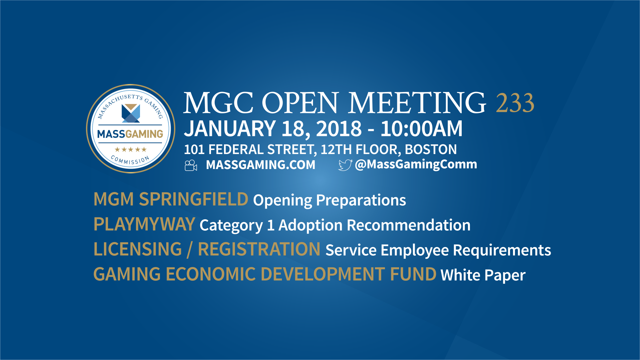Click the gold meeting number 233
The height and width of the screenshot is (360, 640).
coord(515,103)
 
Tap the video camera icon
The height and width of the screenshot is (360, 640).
coord(191,165)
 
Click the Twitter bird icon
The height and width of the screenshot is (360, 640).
coord(345,165)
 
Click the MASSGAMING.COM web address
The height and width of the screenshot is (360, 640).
coord(260,165)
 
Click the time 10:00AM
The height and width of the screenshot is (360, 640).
coord(421,129)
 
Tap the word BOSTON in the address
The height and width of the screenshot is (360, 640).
coord(431,150)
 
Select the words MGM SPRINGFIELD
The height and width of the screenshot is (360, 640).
coord(171,199)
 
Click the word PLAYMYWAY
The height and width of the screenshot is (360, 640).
coord(144,224)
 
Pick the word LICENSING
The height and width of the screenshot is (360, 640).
coord(138,249)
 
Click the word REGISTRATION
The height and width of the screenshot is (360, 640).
coord(259,249)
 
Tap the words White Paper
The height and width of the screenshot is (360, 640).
coord(483,275)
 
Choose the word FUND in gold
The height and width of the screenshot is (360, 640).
coord(413,274)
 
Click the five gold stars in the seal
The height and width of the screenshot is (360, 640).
coord(130,149)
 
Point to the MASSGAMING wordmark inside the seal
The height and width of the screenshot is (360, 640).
coord(130,134)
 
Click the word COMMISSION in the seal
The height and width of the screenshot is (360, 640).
coord(130,160)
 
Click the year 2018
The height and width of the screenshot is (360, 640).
coord(339,129)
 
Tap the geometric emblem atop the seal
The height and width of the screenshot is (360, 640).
coord(131,113)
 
